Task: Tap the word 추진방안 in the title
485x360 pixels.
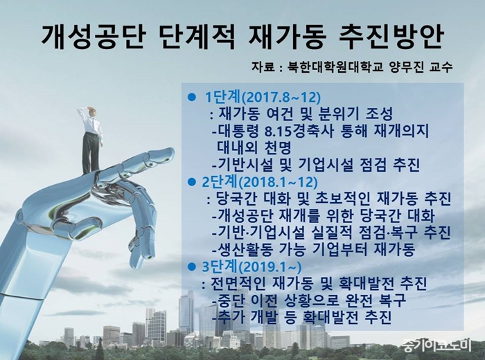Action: click(390, 37)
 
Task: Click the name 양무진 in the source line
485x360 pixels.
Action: click(402, 66)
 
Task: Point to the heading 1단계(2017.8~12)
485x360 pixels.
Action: click(263, 98)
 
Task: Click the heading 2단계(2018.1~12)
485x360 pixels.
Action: click(260, 181)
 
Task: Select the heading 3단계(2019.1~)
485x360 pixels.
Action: click(252, 267)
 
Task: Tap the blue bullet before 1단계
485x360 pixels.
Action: click(192, 98)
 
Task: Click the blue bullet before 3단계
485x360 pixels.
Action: click(192, 267)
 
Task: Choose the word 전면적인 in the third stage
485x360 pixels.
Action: click(238, 283)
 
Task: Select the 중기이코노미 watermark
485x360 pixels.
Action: click(437, 345)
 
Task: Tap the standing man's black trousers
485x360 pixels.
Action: click(91, 152)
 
